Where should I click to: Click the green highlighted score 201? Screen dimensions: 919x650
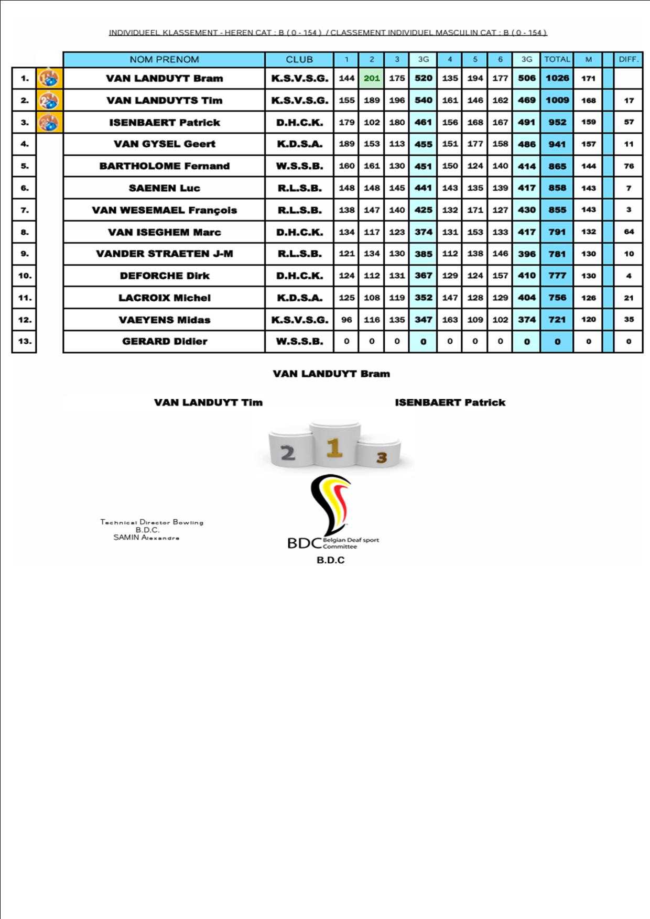(372, 78)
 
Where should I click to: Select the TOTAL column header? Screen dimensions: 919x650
(557, 59)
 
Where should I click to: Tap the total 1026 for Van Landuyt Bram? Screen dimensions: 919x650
(557, 78)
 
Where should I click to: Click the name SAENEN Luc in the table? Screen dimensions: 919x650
(164, 188)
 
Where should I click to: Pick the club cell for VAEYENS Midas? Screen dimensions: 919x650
(299, 320)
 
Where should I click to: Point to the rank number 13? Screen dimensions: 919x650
(25, 342)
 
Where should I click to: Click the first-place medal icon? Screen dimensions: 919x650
(49, 79)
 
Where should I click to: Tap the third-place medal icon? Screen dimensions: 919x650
(49, 122)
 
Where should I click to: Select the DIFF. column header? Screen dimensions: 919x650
(628, 59)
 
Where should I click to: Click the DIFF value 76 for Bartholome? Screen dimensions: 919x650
(629, 166)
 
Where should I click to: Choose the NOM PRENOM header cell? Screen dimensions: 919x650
(164, 59)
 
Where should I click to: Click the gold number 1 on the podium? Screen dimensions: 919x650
(334, 448)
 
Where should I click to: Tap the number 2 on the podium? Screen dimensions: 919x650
(288, 453)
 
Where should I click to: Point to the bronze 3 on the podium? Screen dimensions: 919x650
(381, 458)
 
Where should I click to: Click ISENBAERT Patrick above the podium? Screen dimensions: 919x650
(450, 402)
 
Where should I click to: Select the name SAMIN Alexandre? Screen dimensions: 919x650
(146, 538)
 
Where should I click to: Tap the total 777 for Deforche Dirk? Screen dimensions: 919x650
(557, 276)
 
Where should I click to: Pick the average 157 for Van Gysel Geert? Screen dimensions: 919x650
(588, 144)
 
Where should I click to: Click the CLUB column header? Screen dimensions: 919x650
(299, 59)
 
